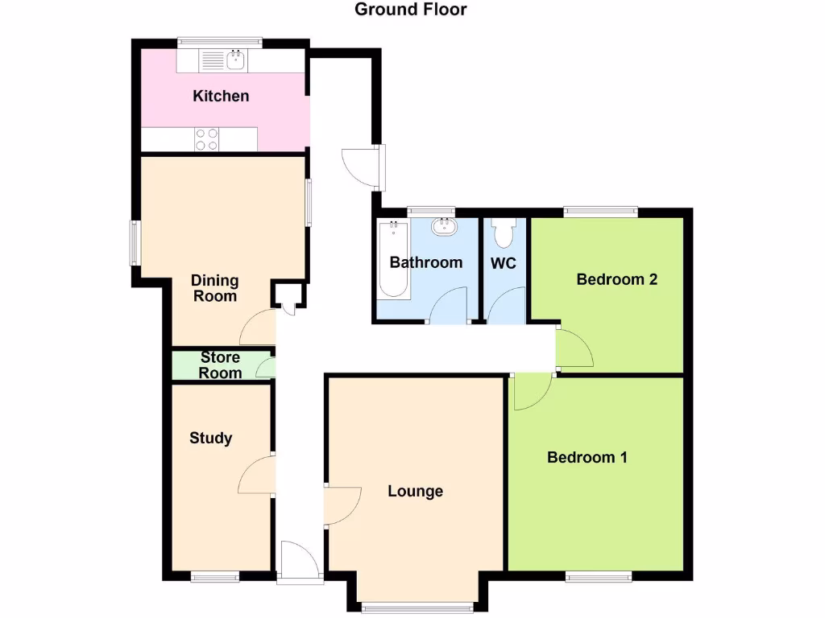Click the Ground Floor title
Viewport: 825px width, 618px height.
point(411,10)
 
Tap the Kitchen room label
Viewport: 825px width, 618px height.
point(221,96)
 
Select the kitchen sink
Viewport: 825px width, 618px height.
point(237,59)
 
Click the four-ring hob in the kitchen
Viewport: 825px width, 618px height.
point(207,139)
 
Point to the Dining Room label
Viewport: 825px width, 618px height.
point(214,288)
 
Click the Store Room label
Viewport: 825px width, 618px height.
point(220,365)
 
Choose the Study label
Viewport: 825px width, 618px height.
point(210,438)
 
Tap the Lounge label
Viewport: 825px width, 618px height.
point(415,491)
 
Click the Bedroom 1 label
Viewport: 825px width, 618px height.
point(587,457)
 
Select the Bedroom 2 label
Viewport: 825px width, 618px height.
point(617,279)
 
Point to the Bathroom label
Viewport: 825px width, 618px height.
point(426,262)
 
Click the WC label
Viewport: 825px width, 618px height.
point(503,263)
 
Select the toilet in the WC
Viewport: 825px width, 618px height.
point(504,233)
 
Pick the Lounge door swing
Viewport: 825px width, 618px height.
point(342,505)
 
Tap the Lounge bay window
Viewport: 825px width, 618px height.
point(417,604)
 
